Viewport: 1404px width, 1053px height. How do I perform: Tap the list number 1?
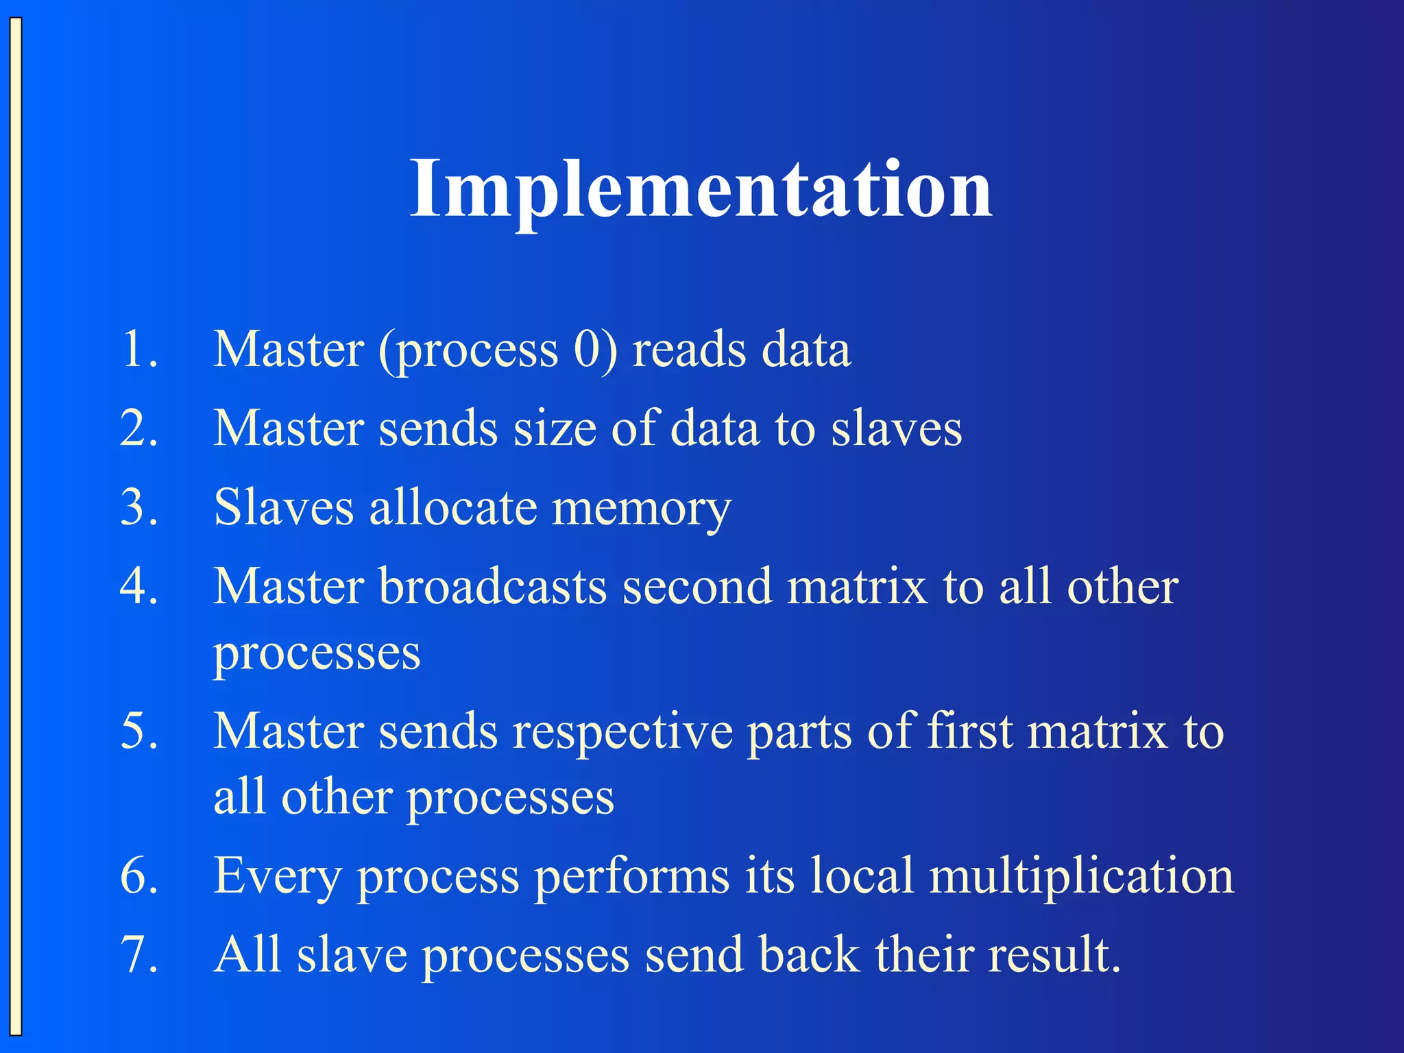[139, 350]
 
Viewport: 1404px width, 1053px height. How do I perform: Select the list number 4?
[139, 587]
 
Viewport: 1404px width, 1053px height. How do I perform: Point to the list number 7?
[139, 954]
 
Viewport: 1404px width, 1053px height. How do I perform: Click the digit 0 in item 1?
[588, 350]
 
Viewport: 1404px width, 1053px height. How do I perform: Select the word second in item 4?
[697, 587]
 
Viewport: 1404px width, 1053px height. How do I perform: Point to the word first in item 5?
[969, 731]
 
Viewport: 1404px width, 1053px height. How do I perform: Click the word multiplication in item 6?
[1081, 876]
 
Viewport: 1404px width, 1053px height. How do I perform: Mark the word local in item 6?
[862, 876]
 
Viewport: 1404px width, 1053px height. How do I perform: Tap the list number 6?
[139, 876]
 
